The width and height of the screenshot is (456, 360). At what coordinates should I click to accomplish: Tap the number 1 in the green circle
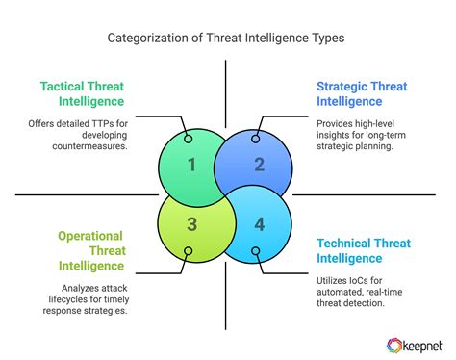tap(191, 165)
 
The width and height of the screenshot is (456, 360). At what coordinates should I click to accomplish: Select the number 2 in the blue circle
tap(259, 165)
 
